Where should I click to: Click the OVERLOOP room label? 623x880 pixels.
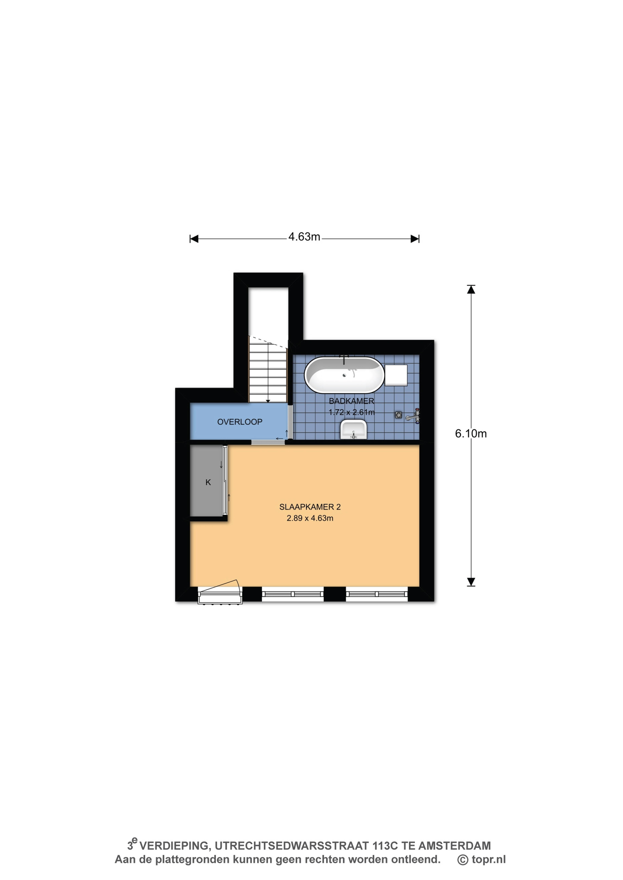click(240, 422)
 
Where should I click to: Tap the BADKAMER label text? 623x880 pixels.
click(351, 401)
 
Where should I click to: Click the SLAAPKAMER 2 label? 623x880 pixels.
click(310, 507)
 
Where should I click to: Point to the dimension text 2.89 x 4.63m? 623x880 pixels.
click(310, 518)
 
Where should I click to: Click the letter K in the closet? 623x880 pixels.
click(208, 482)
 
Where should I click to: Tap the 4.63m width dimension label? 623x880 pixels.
click(304, 237)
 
